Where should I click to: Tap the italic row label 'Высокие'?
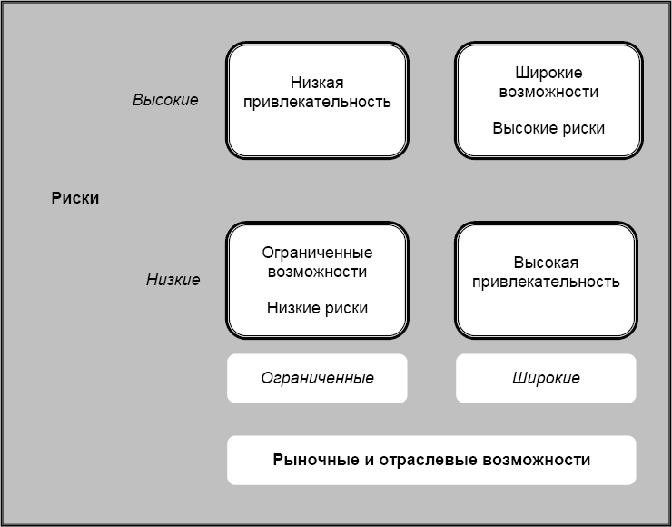pyautogui.click(x=165, y=100)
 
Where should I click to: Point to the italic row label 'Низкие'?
pyautogui.click(x=173, y=280)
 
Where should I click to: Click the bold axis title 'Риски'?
pyautogui.click(x=75, y=199)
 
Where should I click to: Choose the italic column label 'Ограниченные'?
pyautogui.click(x=317, y=378)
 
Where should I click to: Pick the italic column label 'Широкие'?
pyautogui.click(x=546, y=378)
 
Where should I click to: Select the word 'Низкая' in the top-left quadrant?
pyautogui.click(x=317, y=82)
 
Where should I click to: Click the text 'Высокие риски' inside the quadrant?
pyautogui.click(x=548, y=128)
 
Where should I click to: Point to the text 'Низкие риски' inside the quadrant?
pyautogui.click(x=317, y=308)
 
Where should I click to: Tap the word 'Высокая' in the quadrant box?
pyautogui.click(x=546, y=263)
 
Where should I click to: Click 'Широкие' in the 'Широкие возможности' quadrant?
pyautogui.click(x=548, y=73)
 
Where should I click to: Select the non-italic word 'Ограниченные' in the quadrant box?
pyautogui.click(x=317, y=253)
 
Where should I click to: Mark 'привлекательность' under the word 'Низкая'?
pyautogui.click(x=317, y=101)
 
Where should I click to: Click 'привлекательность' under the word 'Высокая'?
pyautogui.click(x=546, y=282)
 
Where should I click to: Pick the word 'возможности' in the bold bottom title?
pyautogui.click(x=542, y=460)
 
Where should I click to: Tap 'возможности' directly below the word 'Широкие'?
pyautogui.click(x=548, y=92)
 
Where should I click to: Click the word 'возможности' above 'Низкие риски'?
pyautogui.click(x=317, y=272)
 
